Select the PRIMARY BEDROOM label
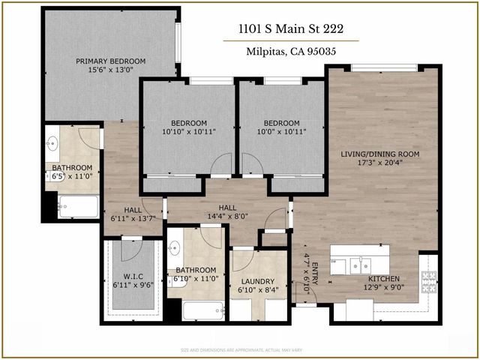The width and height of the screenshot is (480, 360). (110, 61)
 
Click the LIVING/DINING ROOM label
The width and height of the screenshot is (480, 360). (379, 154)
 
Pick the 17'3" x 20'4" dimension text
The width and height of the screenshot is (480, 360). (379, 164)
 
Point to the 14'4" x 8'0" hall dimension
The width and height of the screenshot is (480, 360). (227, 216)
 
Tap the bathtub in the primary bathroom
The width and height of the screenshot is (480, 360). (78, 205)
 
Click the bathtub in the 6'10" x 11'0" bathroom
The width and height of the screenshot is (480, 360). (203, 309)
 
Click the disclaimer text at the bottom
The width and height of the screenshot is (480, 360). (240, 350)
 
